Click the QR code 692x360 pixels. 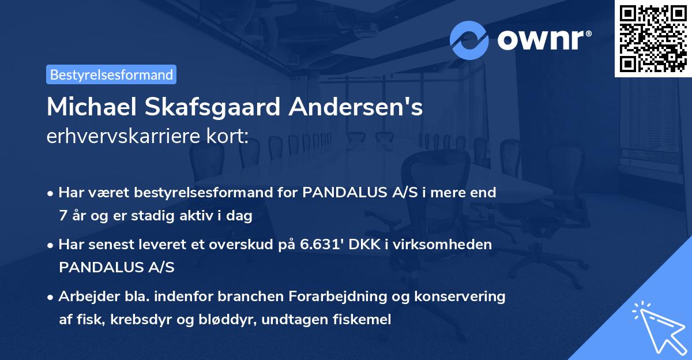[653, 39]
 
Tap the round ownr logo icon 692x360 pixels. [469, 40]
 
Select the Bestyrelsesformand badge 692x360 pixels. [111, 74]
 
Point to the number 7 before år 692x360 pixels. [62, 216]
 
